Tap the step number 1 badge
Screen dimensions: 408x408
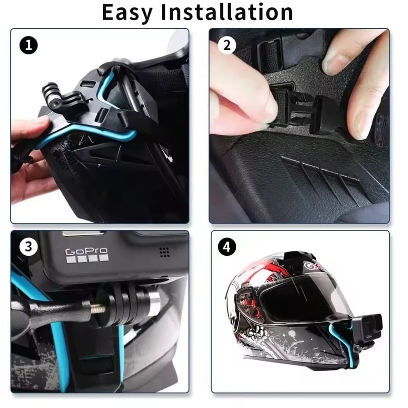pos(28,45)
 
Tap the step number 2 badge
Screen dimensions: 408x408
pos(227,45)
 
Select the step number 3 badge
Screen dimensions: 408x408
pos(28,246)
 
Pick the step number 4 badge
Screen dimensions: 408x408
pos(227,246)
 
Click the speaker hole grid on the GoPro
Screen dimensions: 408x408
pos(164,252)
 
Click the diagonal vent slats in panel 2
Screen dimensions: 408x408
pos(322,175)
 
